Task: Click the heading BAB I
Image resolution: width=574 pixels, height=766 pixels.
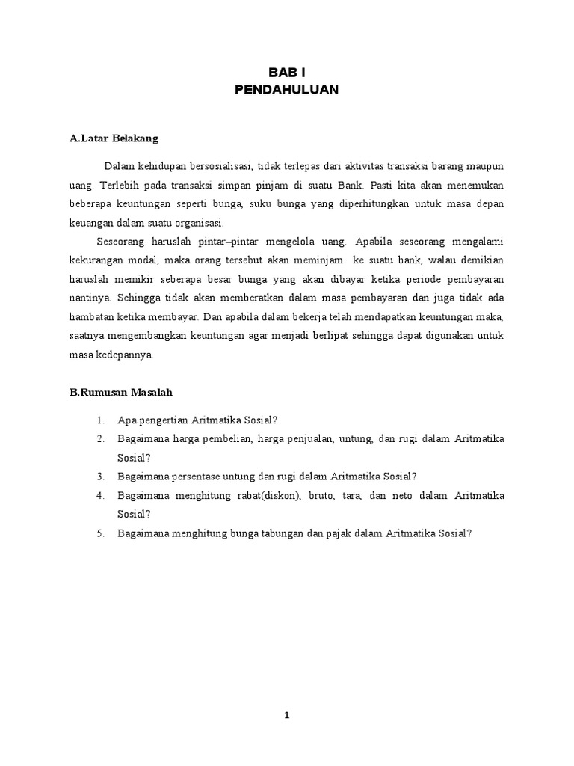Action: (287, 72)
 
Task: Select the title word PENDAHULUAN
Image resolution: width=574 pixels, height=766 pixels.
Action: (287, 90)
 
